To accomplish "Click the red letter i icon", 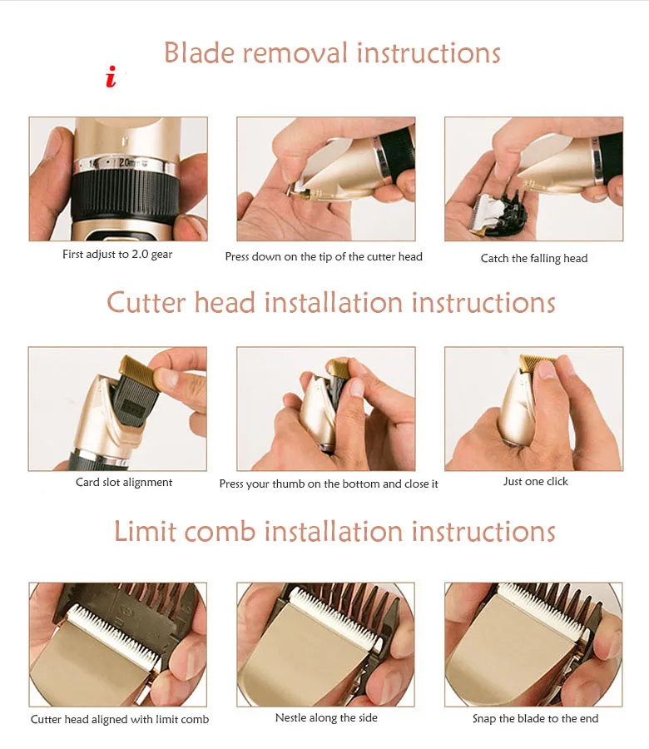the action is [x=111, y=77].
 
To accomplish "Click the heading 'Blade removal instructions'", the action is [x=332, y=52].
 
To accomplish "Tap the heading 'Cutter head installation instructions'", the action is [x=331, y=303].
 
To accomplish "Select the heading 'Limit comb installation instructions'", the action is [x=334, y=531].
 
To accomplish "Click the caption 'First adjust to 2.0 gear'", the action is [x=117, y=255].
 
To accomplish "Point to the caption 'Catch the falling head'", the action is [x=534, y=259].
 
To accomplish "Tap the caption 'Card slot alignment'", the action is [x=124, y=483].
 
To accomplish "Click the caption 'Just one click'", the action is [x=535, y=482].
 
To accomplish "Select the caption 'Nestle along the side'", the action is [x=326, y=717].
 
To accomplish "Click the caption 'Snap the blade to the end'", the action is [x=535, y=718].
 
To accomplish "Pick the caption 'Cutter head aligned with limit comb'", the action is [x=120, y=719].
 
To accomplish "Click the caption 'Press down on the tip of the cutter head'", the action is [x=324, y=257].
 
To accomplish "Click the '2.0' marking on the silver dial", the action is [x=126, y=163].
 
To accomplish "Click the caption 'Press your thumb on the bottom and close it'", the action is [x=329, y=484].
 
